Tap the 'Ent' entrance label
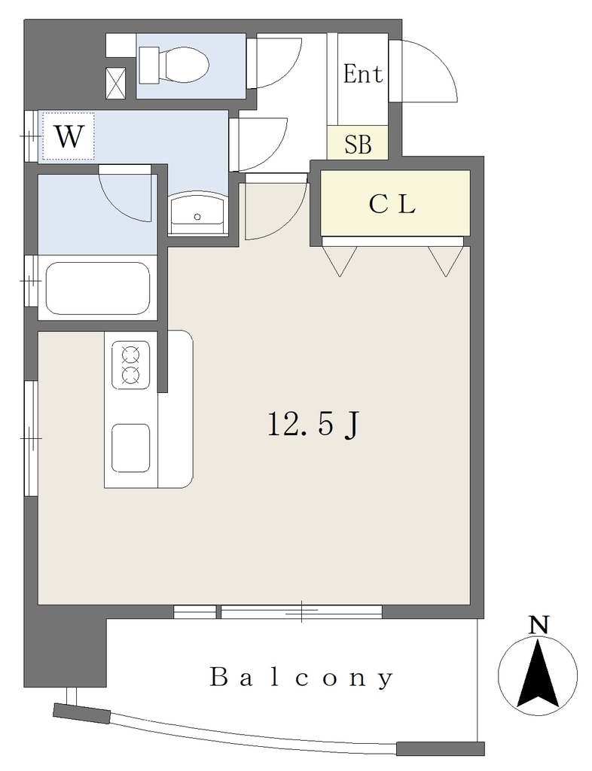point(363,75)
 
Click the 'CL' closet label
point(392,205)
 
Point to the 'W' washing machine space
point(68,136)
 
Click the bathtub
point(98,287)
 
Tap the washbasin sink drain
point(197,216)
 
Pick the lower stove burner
point(130,375)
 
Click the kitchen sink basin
point(131,447)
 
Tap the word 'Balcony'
point(302,677)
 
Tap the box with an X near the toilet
point(116,83)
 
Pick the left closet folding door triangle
point(340,261)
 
